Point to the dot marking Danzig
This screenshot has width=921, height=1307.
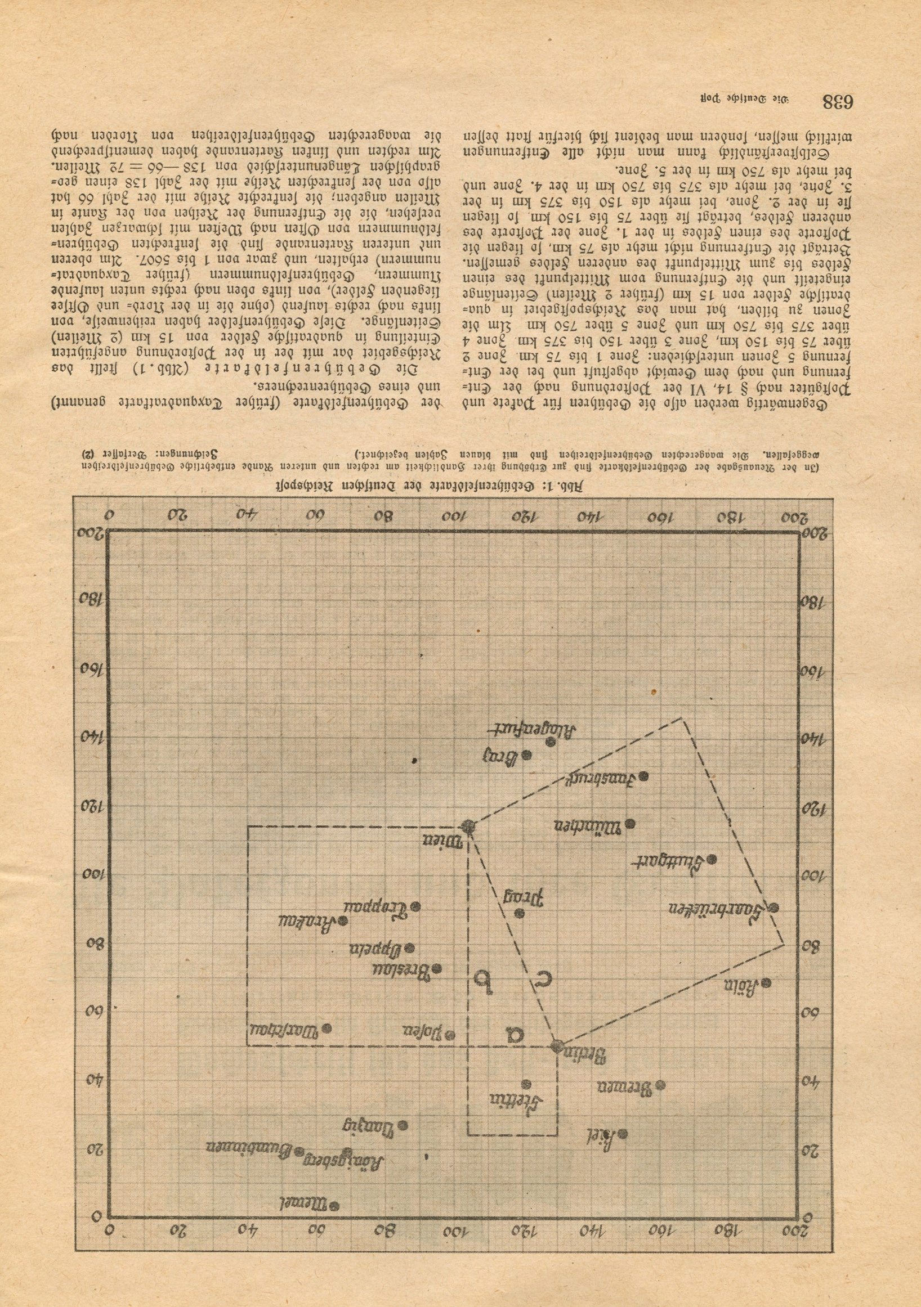click(404, 1110)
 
